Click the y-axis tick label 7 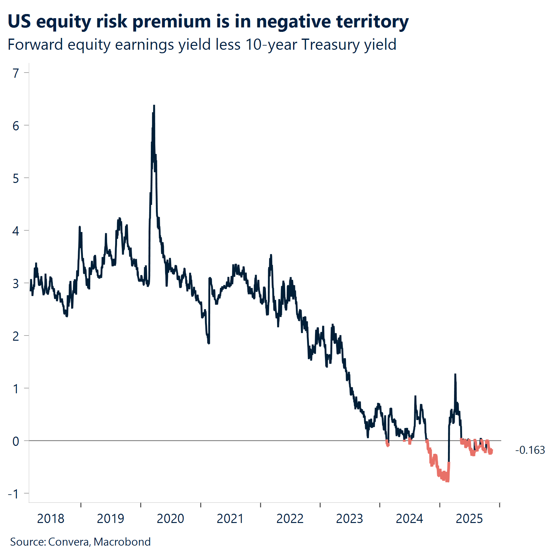tap(16, 73)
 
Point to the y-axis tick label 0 tap(16, 441)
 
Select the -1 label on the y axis tap(14, 494)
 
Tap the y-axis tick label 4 tap(16, 231)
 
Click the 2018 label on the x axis tap(50, 519)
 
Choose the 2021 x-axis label tap(230, 519)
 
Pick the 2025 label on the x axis tap(469, 519)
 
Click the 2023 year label tap(349, 519)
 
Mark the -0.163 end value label tap(530, 450)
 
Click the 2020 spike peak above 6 tap(154, 106)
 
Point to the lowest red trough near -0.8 tap(447, 481)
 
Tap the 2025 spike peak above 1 tap(455, 374)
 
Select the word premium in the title tap(172, 22)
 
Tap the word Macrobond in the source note tap(122, 542)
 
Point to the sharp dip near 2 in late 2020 tap(209, 343)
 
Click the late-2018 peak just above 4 tap(80, 227)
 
